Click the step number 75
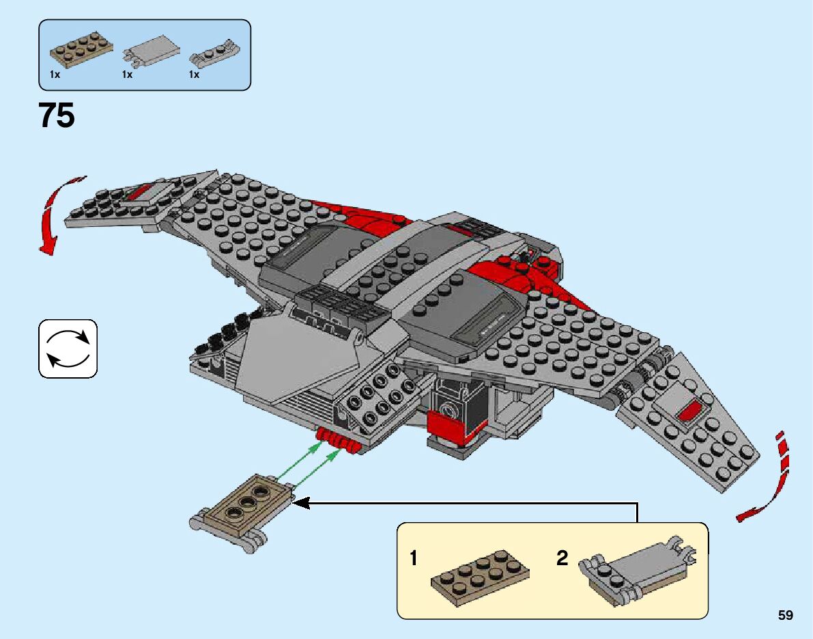click(57, 115)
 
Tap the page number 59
click(785, 616)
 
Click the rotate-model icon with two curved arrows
click(68, 349)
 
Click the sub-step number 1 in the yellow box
click(414, 559)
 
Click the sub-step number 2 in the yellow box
click(562, 559)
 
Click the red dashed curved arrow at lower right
click(771, 478)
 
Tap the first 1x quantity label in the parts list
click(55, 74)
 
